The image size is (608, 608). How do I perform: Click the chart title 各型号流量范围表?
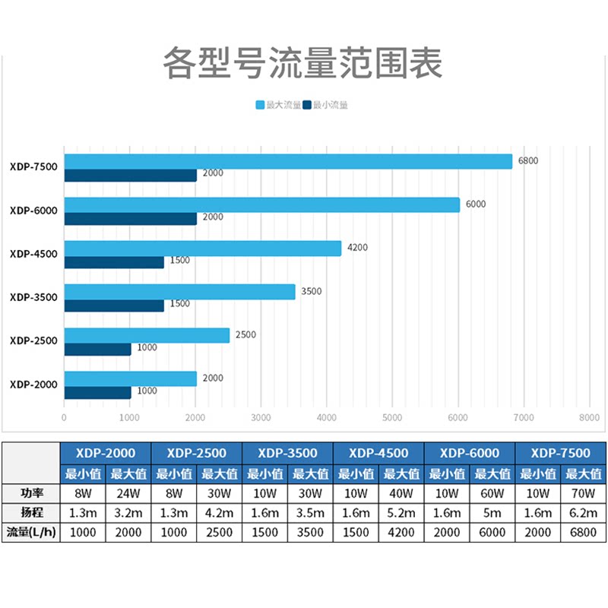point(302,64)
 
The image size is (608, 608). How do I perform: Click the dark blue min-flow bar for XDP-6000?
point(130,218)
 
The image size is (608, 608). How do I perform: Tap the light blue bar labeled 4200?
point(202,249)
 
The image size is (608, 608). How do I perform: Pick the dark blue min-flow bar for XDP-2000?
point(97,392)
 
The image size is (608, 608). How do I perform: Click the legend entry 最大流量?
point(278,105)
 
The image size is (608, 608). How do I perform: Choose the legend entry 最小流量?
point(326,105)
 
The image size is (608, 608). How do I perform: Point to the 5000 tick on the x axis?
point(392,417)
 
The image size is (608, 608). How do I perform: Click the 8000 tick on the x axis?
point(589,417)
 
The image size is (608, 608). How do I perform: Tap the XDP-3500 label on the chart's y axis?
point(33,297)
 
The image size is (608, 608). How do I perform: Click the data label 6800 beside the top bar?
point(528,161)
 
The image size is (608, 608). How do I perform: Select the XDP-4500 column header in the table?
point(378,453)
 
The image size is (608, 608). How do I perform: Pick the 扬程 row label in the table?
point(31,513)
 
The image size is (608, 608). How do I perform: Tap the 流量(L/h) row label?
point(31,533)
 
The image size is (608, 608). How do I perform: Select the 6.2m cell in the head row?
point(583,513)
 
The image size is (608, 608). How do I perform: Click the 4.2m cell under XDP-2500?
point(219,513)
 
